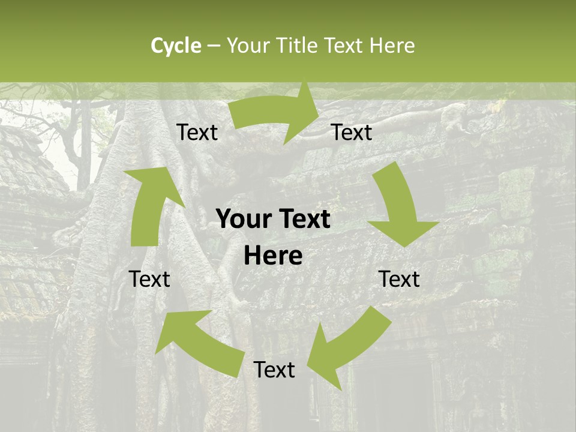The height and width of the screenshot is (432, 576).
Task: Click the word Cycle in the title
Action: coord(176,46)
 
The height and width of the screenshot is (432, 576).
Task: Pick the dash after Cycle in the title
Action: coord(214,46)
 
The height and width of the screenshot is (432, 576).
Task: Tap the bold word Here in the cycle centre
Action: coord(273,256)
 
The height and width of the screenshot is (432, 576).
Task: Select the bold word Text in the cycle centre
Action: coord(302,220)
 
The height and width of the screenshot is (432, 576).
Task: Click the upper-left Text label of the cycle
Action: coord(197,133)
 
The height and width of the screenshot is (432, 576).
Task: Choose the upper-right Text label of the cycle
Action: coord(352,132)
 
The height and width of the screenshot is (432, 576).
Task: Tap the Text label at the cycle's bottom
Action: coord(274,370)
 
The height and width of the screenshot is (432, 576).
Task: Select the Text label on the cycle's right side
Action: coord(399,279)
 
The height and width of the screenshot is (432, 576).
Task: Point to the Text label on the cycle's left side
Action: coord(149,279)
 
